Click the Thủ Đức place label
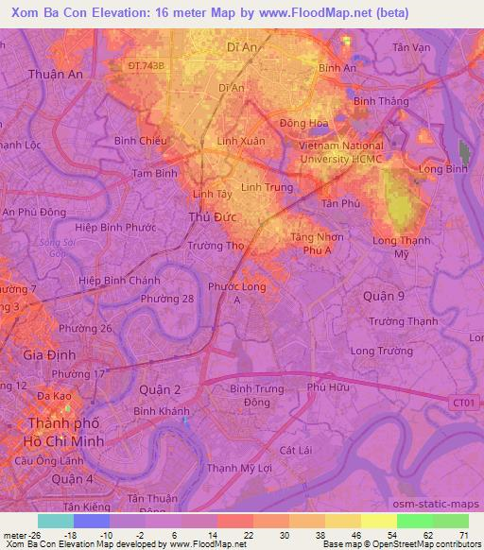(212, 218)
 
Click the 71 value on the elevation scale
(463, 534)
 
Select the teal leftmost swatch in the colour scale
(55, 521)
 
